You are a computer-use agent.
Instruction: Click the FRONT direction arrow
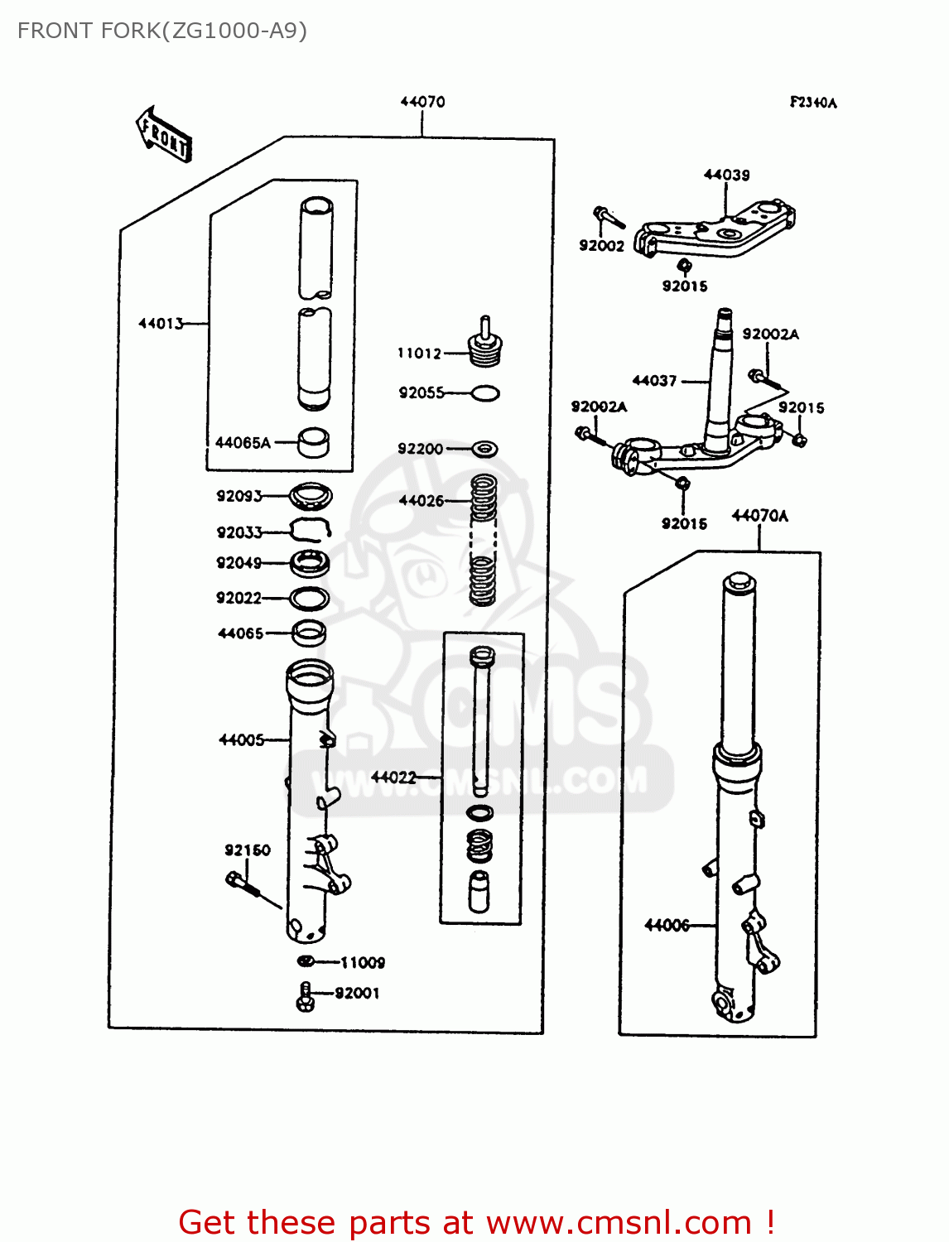[164, 135]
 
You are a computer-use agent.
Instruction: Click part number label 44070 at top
[422, 102]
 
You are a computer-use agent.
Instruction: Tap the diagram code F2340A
[812, 103]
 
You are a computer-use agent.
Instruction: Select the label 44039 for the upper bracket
[726, 175]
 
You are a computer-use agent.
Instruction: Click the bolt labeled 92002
[609, 217]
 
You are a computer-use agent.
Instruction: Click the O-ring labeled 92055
[485, 393]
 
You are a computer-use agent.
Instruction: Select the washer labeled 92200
[485, 449]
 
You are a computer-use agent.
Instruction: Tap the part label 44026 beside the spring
[422, 501]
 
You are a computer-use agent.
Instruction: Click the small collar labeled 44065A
[313, 442]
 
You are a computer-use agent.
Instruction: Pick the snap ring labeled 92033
[311, 530]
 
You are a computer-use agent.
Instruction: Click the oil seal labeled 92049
[310, 564]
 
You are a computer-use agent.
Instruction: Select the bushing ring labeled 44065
[309, 633]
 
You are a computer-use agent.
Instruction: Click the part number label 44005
[241, 740]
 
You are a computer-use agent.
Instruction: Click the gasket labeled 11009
[306, 961]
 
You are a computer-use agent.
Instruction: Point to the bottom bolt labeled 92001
[305, 996]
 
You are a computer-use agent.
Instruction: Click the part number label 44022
[393, 777]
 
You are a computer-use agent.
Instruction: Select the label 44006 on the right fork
[667, 925]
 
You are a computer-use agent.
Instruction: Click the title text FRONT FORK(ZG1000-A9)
[162, 31]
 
